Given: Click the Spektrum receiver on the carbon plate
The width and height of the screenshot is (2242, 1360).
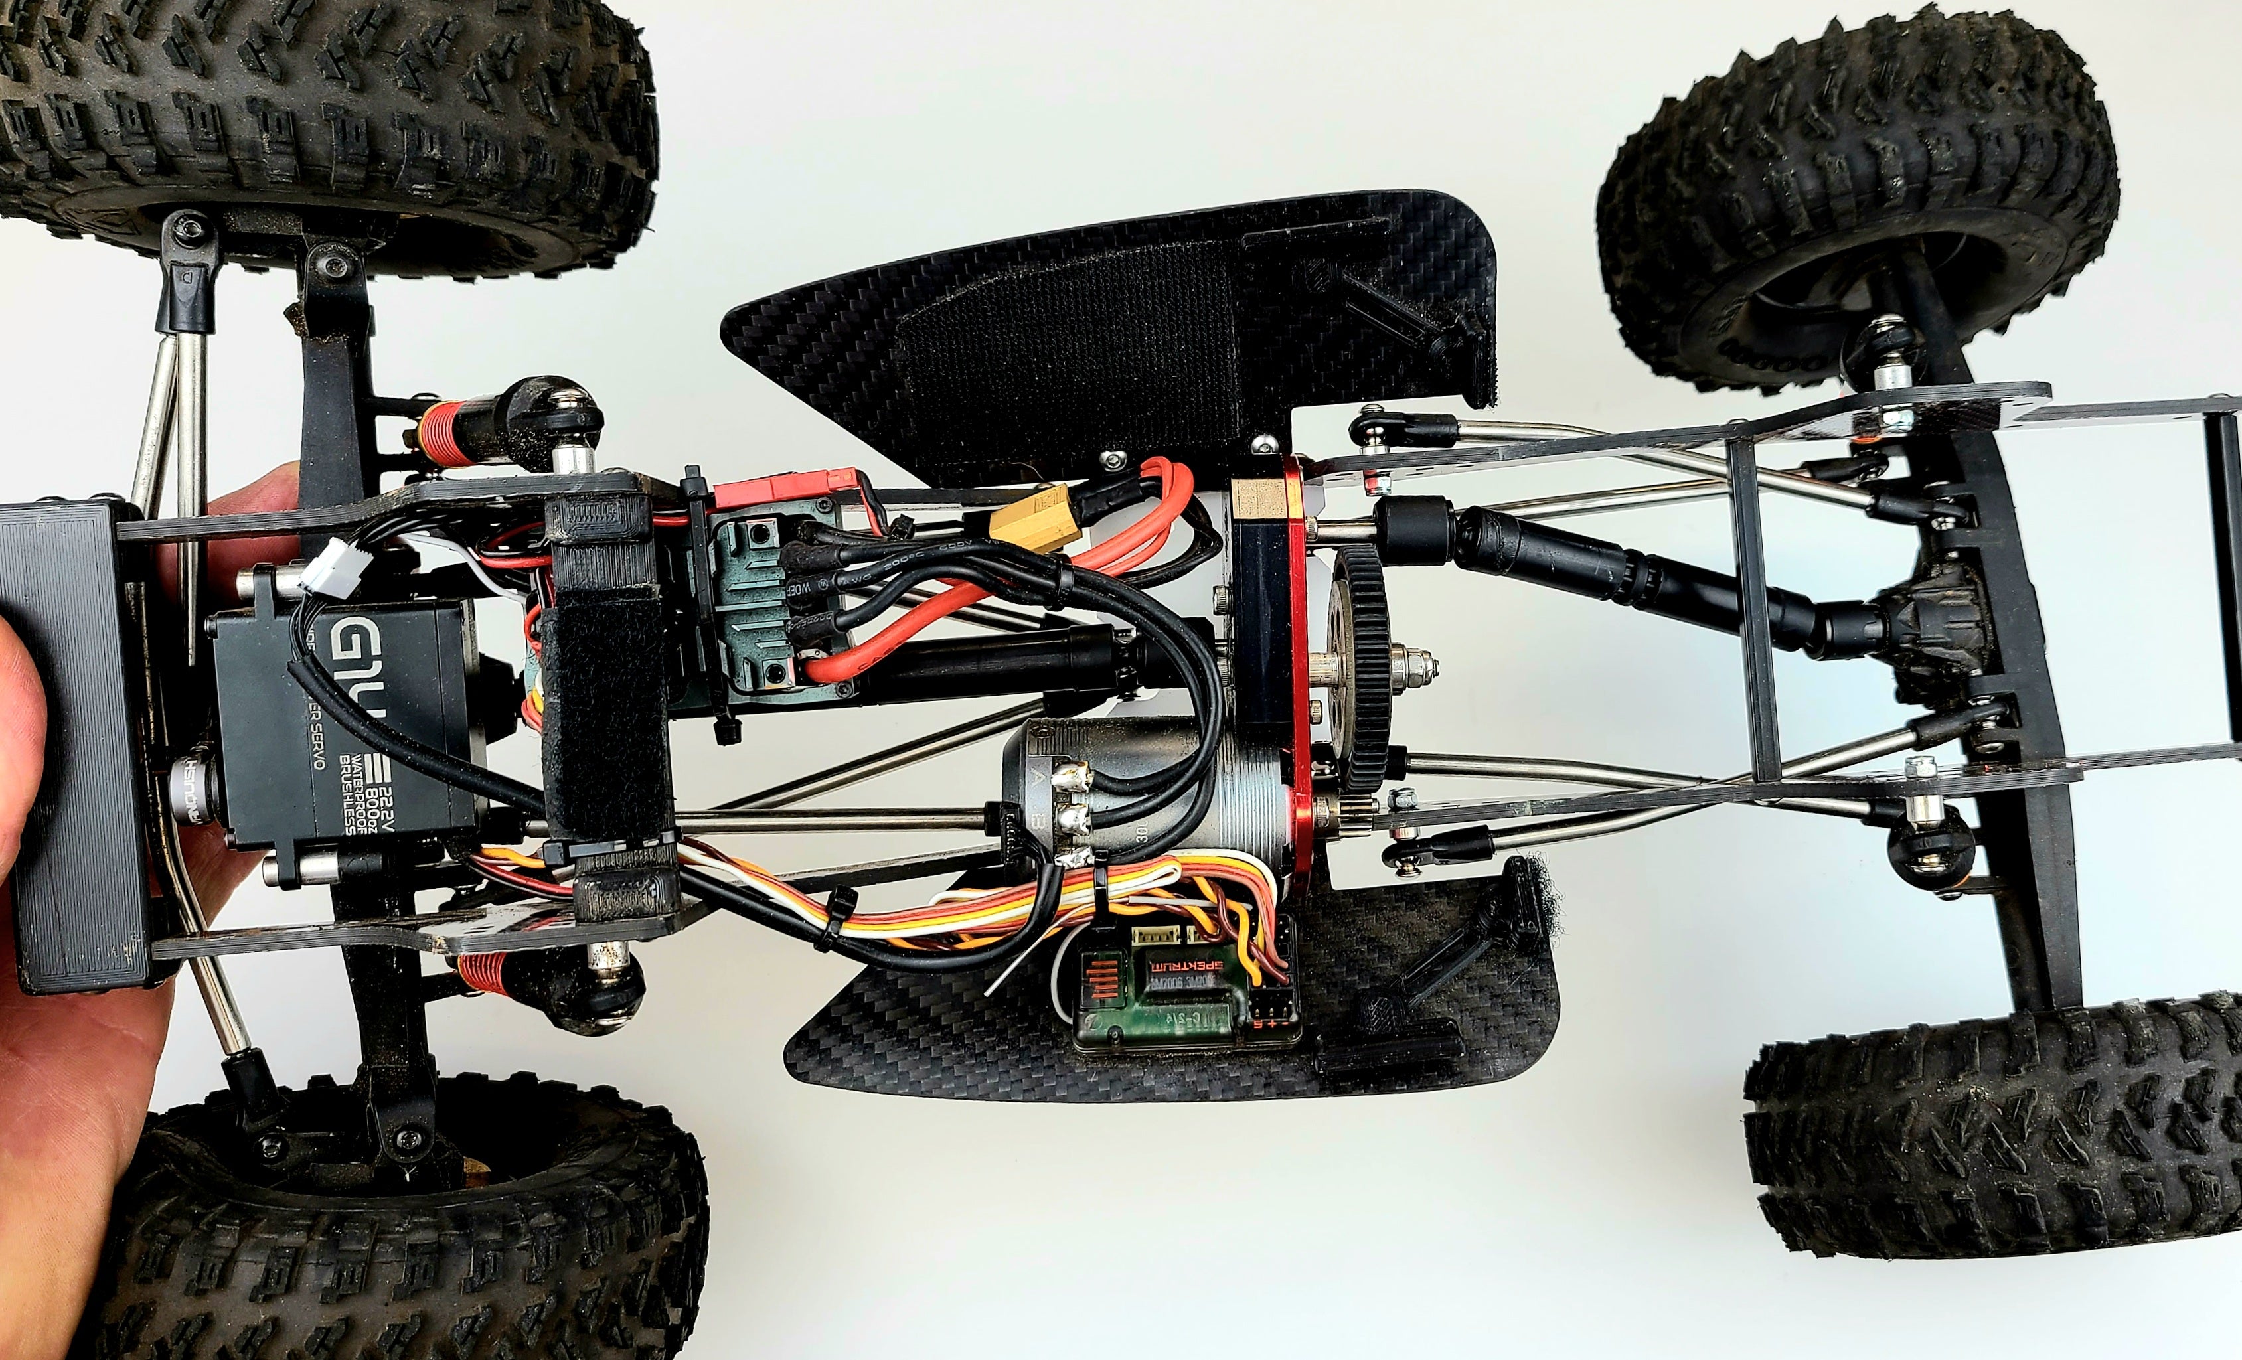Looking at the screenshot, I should tap(1178, 992).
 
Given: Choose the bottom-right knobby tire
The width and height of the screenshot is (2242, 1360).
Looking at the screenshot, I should tap(1992, 1137).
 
